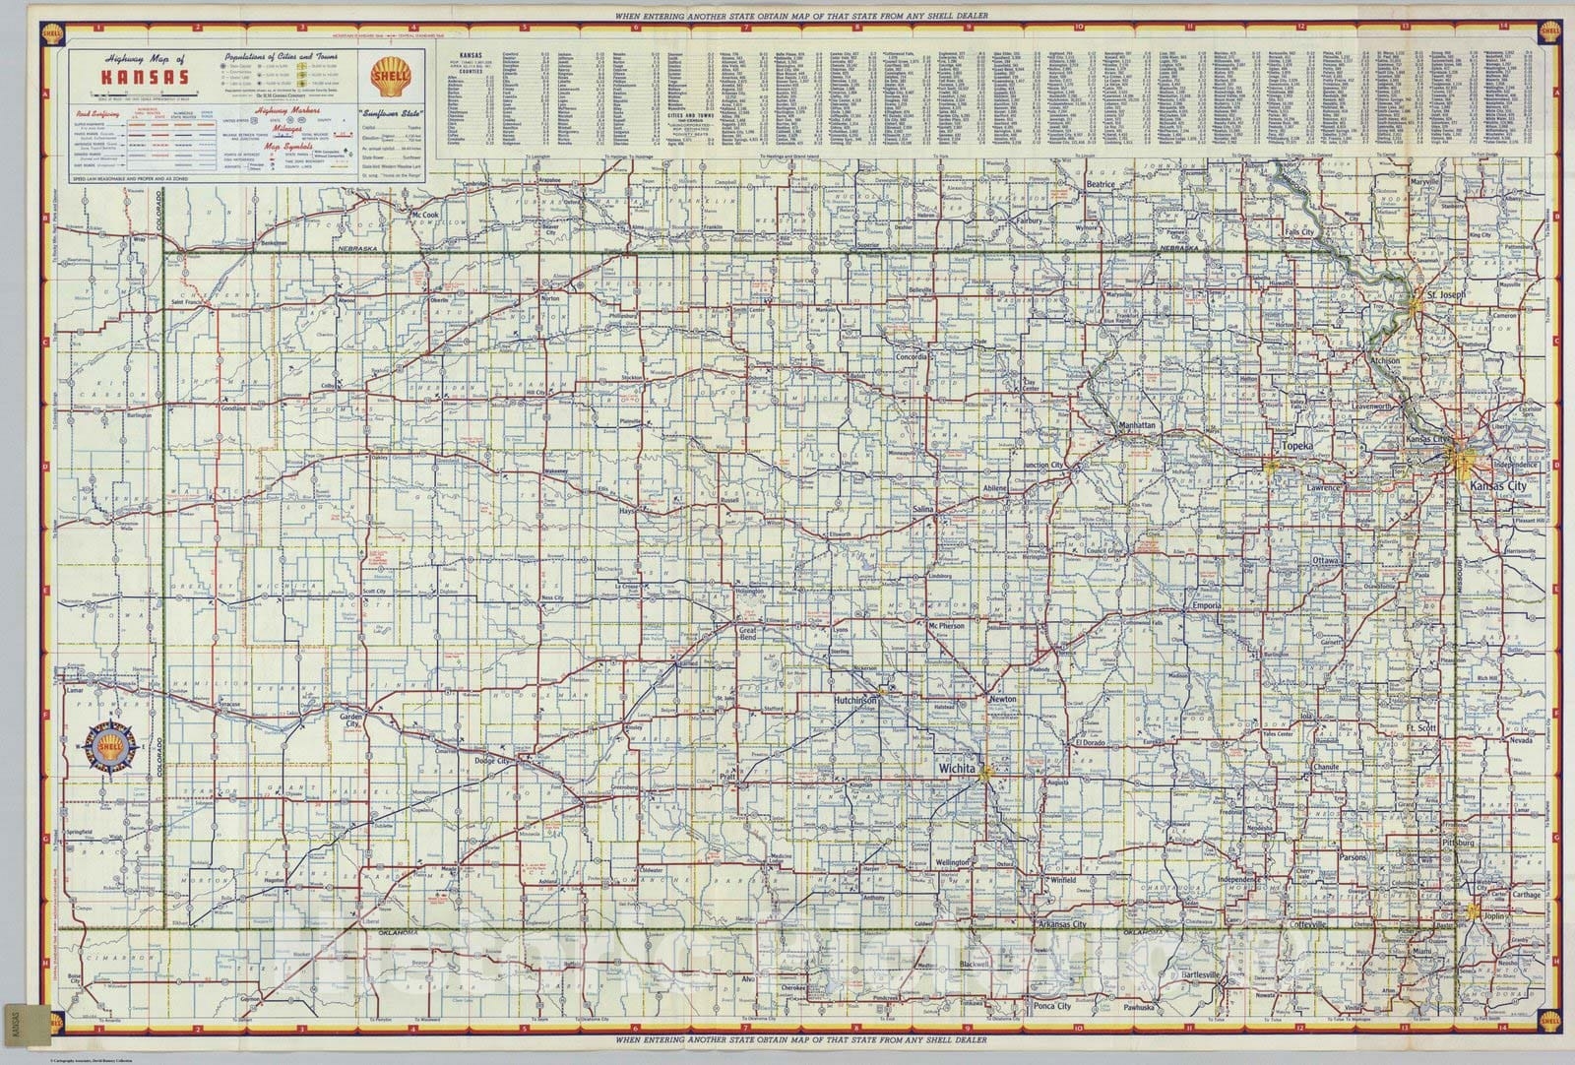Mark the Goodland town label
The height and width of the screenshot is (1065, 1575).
pyautogui.click(x=233, y=407)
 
